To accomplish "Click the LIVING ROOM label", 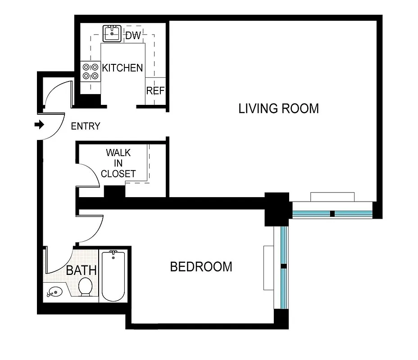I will (x=278, y=108).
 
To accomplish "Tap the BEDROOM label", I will (x=201, y=266).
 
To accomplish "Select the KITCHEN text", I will (x=123, y=68).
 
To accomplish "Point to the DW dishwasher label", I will (x=133, y=36).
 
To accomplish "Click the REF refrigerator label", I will (x=155, y=90).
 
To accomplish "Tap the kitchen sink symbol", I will (x=111, y=33).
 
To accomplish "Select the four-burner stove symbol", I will (x=90, y=71).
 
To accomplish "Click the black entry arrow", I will (x=40, y=125).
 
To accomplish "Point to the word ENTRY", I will (x=86, y=126).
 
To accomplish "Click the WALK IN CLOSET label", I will (x=118, y=163).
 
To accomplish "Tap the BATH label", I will (x=82, y=270).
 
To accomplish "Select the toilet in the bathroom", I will (x=85, y=287).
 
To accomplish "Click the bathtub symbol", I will (x=113, y=276).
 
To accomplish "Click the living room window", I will (x=332, y=213).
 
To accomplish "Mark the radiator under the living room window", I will (x=332, y=197).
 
